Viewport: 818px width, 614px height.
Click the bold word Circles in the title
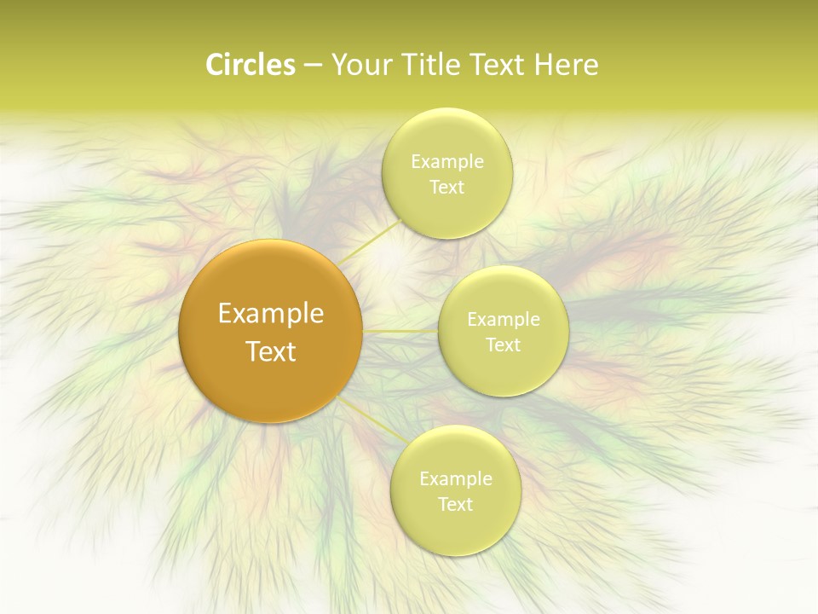[x=250, y=65]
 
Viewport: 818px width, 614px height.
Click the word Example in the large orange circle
[x=271, y=314]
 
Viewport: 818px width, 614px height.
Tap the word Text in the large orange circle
[x=271, y=351]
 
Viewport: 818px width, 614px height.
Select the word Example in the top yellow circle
[x=447, y=162]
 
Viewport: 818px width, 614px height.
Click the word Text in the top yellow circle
[x=446, y=187]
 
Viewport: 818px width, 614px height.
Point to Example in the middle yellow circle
[x=504, y=320]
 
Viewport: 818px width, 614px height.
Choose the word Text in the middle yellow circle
[x=503, y=345]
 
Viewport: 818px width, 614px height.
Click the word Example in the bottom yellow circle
[x=456, y=479]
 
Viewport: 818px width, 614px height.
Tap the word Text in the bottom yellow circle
[x=455, y=504]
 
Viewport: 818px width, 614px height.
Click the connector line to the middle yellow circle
[x=400, y=331]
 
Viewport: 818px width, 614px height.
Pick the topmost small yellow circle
[x=447, y=213]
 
